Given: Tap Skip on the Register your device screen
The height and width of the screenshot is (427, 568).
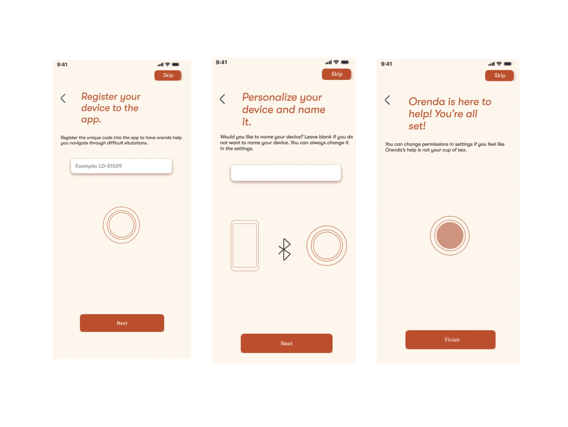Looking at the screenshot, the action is pyautogui.click(x=168, y=75).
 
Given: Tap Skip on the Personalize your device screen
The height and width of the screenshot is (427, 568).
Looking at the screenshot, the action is pyautogui.click(x=336, y=74).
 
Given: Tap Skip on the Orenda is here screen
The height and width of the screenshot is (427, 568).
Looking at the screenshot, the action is pyautogui.click(x=499, y=75).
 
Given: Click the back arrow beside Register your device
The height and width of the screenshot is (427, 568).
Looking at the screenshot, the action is pyautogui.click(x=63, y=98).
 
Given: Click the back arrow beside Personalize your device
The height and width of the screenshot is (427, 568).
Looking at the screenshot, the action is pyautogui.click(x=222, y=99).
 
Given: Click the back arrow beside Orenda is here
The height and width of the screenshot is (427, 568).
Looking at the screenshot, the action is pyautogui.click(x=387, y=100).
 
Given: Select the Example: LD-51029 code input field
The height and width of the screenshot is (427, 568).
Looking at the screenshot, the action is pyautogui.click(x=121, y=166).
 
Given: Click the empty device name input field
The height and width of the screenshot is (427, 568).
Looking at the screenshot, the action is pyautogui.click(x=286, y=173).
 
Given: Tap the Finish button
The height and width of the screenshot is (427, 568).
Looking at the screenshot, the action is pyautogui.click(x=450, y=340).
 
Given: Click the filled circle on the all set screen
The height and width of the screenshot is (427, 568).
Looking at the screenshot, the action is pyautogui.click(x=450, y=236).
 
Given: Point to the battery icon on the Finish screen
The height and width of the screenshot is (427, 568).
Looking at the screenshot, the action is pyautogui.click(x=508, y=64).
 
